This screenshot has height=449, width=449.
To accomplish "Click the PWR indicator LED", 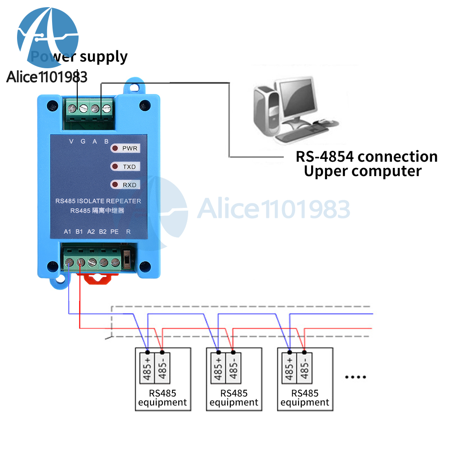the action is click(115, 148).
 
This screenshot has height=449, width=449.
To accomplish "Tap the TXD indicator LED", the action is click(115, 167).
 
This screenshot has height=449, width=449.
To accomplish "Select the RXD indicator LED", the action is click(115, 185).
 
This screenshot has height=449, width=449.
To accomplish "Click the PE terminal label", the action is click(114, 232).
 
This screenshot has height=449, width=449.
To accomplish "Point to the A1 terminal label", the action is click(67, 232).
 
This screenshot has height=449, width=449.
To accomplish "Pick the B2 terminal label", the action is click(103, 232).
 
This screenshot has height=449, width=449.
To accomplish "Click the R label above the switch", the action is click(128, 232).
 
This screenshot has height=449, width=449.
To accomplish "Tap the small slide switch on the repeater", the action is click(127, 259).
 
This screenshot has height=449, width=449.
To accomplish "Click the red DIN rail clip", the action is click(97, 278).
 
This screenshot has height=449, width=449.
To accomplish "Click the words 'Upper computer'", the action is click(362, 172).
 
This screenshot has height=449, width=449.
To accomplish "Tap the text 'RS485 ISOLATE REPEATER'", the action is click(98, 201).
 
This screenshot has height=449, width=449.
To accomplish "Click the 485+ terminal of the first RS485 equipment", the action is click(147, 368).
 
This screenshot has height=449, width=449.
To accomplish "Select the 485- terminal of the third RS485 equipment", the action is click(304, 368).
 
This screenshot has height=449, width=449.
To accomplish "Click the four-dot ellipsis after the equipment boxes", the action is click(355, 377).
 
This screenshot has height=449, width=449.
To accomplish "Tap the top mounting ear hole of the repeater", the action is click(134, 86).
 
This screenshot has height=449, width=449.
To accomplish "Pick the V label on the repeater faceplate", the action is click(71, 141).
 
